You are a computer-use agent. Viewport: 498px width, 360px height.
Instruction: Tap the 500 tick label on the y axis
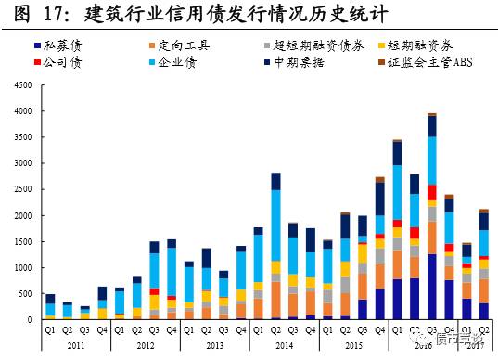pos(22,293)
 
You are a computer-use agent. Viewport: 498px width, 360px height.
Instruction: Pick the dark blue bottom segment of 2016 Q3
pos(431,287)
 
